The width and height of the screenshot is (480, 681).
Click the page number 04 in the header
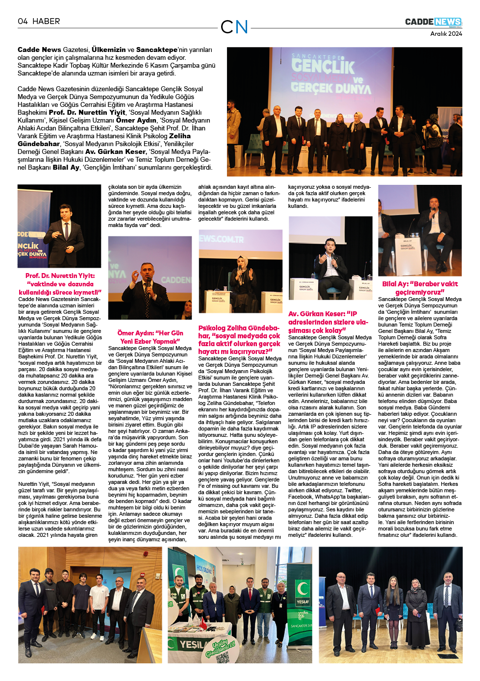(x=23, y=22)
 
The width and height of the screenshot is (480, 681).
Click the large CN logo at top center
(x=234, y=27)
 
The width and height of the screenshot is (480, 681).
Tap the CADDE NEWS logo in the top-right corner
(x=433, y=22)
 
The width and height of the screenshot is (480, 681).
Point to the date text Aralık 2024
(x=446, y=34)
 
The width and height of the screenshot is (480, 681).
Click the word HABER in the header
(x=46, y=22)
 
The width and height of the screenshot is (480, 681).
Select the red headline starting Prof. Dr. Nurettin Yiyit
(x=60, y=284)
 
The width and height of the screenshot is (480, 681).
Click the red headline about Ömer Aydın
(x=150, y=337)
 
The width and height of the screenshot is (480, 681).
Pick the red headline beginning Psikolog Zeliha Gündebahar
(x=239, y=339)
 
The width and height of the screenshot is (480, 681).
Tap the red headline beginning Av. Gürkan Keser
(x=328, y=322)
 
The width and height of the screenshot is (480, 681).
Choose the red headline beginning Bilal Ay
(x=420, y=288)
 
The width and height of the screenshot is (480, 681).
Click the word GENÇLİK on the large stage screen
(x=323, y=66)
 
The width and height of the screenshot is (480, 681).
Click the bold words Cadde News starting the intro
(x=39, y=50)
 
